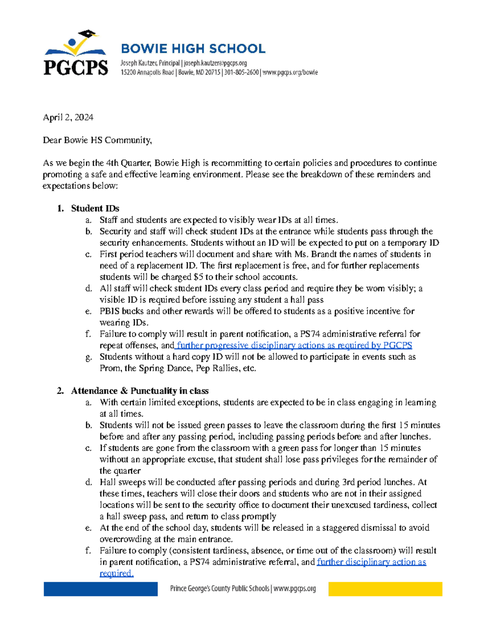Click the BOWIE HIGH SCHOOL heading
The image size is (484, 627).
pos(193,49)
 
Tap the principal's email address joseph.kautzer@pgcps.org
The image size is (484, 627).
pos(215,63)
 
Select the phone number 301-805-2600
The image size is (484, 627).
pos(241,73)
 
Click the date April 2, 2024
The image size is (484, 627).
pos(68,117)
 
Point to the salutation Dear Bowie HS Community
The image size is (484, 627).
pos(97,140)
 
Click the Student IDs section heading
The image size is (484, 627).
pos(95,208)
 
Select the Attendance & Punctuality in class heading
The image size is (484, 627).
pos(140,391)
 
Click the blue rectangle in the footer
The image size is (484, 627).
pos(100,589)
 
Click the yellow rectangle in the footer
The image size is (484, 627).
pos(385,589)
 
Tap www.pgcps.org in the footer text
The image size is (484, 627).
pos(294,589)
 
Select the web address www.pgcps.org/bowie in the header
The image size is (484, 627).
pos(290,73)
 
